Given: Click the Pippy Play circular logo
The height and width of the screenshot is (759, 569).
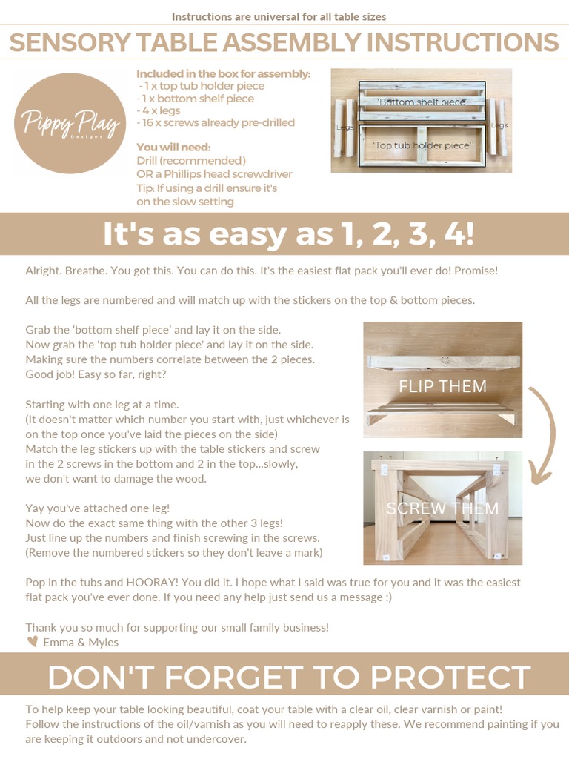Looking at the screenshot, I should (70, 124).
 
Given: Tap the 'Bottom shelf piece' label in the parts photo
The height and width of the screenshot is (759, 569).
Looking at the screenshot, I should (422, 102).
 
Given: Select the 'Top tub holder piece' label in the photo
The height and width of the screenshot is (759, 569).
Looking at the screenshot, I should (422, 145).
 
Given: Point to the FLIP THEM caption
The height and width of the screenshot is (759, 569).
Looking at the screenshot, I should (442, 386).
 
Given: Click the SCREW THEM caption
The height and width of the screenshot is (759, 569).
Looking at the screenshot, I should (442, 508).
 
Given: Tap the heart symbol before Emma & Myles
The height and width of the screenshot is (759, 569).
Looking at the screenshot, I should (32, 642).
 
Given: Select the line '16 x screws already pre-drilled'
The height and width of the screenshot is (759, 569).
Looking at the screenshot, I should (216, 122).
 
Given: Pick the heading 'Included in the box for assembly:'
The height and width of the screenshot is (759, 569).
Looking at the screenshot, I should (223, 74).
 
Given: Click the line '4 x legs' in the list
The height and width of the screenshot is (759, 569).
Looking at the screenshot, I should (160, 110).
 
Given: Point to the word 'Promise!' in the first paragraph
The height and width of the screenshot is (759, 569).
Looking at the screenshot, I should (475, 271).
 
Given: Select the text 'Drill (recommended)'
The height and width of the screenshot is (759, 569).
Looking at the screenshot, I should (191, 160).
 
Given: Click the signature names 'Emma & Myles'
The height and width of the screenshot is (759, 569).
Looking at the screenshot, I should (80, 642).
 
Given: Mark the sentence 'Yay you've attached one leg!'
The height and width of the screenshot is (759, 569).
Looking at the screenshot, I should (98, 508).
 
